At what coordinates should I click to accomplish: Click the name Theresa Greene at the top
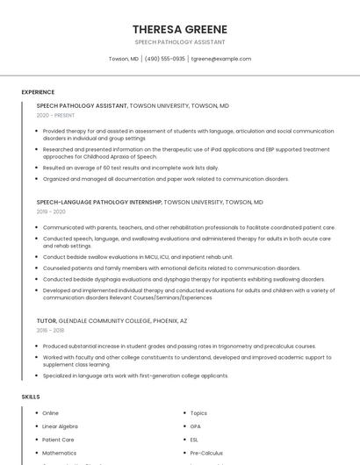click(x=179, y=29)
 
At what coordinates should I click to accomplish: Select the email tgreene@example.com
click(x=221, y=59)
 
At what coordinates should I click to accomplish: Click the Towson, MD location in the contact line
click(x=123, y=59)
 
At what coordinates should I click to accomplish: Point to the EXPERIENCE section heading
click(x=38, y=92)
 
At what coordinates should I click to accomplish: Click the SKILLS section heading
click(x=31, y=397)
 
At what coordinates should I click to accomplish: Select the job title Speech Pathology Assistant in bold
click(x=82, y=105)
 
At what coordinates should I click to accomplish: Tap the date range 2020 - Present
click(x=55, y=115)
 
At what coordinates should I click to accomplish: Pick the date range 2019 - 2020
click(x=51, y=211)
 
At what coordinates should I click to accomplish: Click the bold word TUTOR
click(x=47, y=321)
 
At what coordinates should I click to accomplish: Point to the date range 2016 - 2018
click(x=51, y=331)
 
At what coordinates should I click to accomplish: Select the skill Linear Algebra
click(x=60, y=426)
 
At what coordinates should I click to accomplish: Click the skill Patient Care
click(x=58, y=440)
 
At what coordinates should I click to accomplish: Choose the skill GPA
click(x=196, y=426)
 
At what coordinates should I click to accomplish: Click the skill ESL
click(x=195, y=440)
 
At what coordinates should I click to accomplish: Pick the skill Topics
click(x=198, y=413)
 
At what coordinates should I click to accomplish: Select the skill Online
click(x=50, y=413)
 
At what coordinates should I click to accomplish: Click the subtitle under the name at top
click(x=179, y=42)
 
